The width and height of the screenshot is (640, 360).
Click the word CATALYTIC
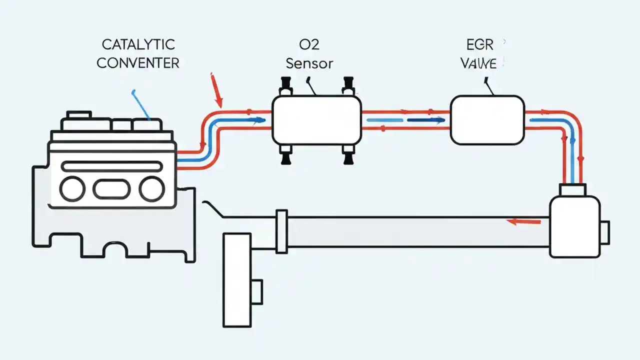[x=138, y=44]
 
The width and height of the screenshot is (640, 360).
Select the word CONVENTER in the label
[x=138, y=63]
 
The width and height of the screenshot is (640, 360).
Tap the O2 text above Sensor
[x=309, y=44]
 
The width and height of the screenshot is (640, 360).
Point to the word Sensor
[x=309, y=63]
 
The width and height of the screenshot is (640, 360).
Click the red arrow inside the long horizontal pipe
[x=523, y=221]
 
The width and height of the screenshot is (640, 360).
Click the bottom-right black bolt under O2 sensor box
[x=346, y=155]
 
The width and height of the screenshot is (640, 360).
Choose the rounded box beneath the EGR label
[x=487, y=120]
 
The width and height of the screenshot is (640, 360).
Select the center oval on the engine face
[x=111, y=189]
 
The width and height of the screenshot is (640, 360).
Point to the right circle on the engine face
[x=151, y=189]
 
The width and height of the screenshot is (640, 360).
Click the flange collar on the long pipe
[x=281, y=230]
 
